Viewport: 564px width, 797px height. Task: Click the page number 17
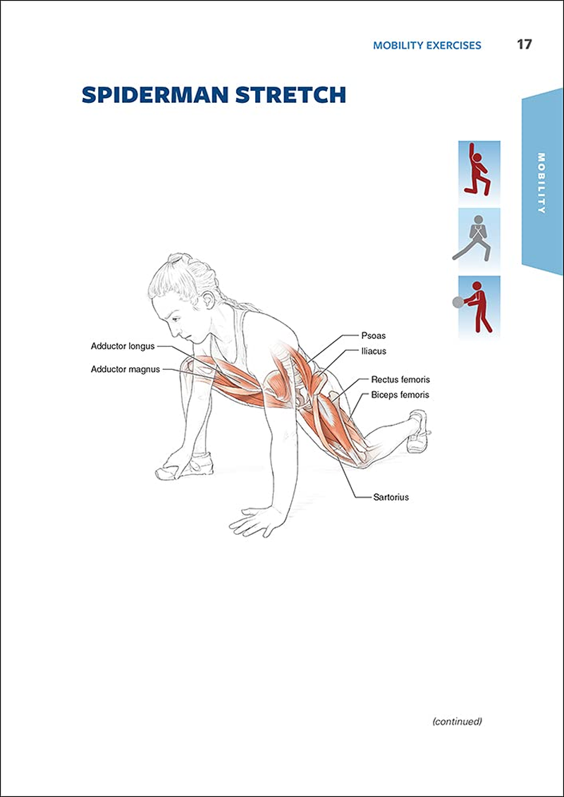(524, 44)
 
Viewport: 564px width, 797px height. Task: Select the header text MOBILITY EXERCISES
(427, 45)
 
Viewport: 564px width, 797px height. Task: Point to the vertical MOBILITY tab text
(541, 183)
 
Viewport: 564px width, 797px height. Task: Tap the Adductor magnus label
(125, 369)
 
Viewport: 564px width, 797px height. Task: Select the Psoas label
(373, 335)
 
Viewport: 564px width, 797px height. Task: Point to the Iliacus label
(374, 350)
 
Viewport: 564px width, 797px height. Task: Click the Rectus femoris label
(400, 380)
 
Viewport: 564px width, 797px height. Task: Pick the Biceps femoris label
(400, 395)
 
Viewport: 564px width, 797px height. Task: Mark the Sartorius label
(391, 497)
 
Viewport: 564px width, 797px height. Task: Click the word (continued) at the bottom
(457, 721)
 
